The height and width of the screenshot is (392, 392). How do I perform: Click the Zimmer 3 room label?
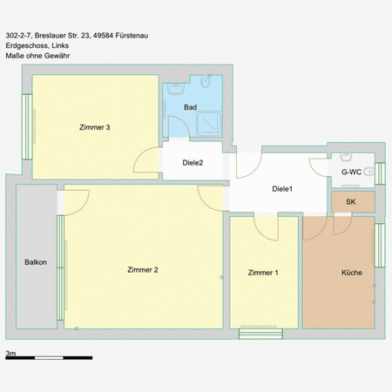tap(94, 128)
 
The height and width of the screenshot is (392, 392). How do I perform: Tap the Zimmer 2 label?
tap(142, 269)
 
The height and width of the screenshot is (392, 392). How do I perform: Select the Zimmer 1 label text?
tap(263, 273)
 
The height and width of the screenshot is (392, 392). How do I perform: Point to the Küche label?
tap(352, 273)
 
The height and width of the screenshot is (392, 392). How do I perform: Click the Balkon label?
tap(36, 261)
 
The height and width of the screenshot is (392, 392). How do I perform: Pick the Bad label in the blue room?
tap(190, 107)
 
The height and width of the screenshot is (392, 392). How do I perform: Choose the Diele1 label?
tap(282, 189)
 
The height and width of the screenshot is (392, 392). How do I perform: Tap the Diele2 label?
tap(193, 163)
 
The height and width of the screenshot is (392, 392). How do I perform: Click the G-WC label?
tap(351, 172)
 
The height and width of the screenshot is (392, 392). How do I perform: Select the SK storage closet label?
tap(351, 202)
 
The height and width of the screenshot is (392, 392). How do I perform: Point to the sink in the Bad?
tap(174, 89)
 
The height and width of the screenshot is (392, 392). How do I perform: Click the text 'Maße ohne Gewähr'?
tap(37, 56)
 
